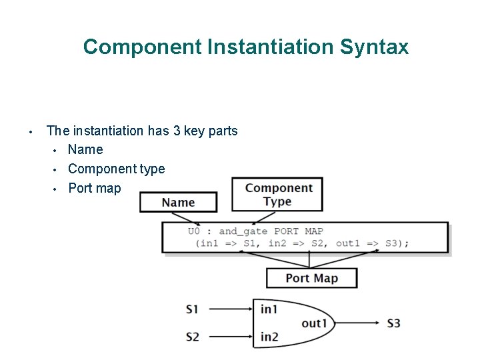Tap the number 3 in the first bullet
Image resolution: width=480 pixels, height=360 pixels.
pyautogui.click(x=177, y=131)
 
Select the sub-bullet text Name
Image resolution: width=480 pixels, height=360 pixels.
pyautogui.click(x=85, y=149)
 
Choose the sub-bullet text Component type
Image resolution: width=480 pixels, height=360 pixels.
pyautogui.click(x=116, y=169)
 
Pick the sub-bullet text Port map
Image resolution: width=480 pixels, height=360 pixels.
pyautogui.click(x=95, y=188)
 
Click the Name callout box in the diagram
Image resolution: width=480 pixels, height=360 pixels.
pyautogui.click(x=178, y=202)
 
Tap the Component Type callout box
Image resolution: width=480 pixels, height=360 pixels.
pyautogui.click(x=277, y=195)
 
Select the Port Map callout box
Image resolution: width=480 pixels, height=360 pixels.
pyautogui.click(x=311, y=278)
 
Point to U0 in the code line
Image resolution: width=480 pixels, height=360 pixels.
pyautogui.click(x=194, y=231)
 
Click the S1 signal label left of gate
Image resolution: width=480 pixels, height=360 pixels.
pyautogui.click(x=192, y=309)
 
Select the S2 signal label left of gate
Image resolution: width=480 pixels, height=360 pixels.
pyautogui.click(x=192, y=337)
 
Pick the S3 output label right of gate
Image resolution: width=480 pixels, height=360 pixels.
pyautogui.click(x=393, y=323)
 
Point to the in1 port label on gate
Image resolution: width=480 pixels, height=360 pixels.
pyautogui.click(x=269, y=309)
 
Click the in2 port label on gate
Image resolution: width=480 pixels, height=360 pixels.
pyautogui.click(x=269, y=337)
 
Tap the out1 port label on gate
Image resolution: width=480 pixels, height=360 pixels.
pyautogui.click(x=314, y=323)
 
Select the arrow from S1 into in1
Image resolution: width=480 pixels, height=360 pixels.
pyautogui.click(x=229, y=309)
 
